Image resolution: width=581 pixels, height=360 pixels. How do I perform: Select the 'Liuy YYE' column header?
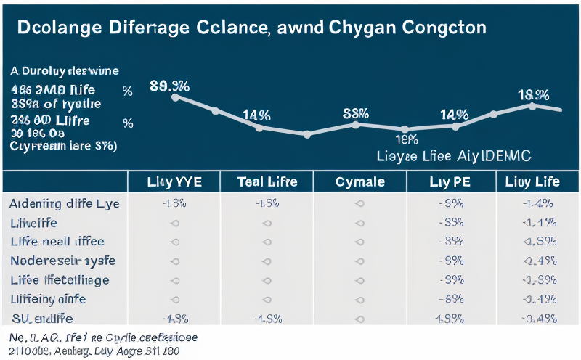pos(174,181)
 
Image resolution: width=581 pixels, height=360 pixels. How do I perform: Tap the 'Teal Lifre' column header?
pos(267,181)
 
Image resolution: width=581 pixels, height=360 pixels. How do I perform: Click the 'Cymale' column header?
pos(359,181)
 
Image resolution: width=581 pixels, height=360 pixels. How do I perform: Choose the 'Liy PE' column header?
pos(452,181)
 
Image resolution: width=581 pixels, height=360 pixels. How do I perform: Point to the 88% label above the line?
pos(356,113)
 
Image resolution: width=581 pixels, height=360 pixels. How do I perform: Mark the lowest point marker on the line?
pos(306,134)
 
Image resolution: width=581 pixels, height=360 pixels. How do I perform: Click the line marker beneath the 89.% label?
pos(174,97)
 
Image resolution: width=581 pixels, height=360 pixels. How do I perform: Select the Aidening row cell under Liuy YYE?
pos(174,203)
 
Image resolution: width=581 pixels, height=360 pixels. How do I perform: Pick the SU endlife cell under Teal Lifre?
pos(267,318)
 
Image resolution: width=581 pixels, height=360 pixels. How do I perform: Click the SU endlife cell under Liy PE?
pos(452,318)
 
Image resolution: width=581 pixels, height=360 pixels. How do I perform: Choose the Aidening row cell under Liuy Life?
pos(537,203)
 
